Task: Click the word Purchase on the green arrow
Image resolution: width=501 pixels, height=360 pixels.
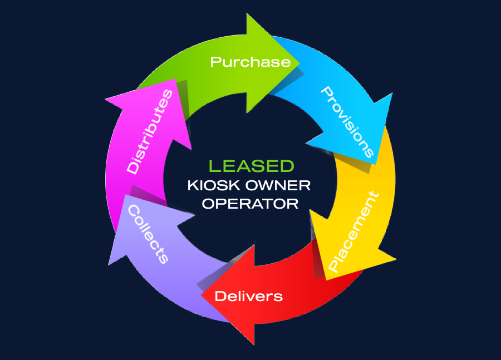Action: tap(250, 61)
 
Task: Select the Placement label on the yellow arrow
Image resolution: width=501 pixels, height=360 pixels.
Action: tap(353, 231)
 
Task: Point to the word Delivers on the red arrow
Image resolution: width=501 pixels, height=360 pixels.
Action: tap(249, 296)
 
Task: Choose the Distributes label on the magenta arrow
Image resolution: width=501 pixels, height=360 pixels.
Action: tap(149, 132)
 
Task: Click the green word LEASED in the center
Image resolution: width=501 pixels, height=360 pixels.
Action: tap(251, 166)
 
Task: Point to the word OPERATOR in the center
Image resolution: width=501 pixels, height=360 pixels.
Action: tap(250, 204)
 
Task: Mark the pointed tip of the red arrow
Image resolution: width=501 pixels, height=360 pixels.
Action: tap(201, 295)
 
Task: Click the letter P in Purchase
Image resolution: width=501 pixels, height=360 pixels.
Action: tap(215, 61)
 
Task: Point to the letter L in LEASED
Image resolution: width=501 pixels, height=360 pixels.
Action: tap(213, 166)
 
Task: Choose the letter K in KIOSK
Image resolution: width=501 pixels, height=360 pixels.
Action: tap(193, 185)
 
